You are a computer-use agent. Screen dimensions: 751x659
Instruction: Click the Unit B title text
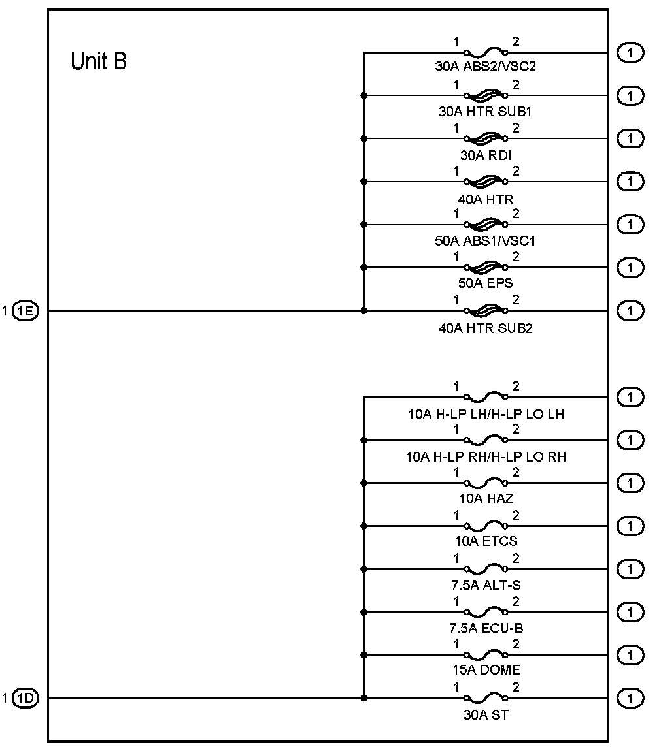(99, 62)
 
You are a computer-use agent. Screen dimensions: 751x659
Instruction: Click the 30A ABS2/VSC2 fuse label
(485, 67)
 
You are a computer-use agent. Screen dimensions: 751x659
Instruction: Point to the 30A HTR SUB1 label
(485, 111)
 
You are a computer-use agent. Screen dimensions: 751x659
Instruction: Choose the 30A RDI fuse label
(485, 154)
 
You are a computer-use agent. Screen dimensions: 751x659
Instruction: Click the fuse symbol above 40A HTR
(485, 181)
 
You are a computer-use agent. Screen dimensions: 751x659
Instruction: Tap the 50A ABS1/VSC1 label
(485, 240)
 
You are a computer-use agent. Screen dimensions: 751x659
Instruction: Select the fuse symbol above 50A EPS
(485, 267)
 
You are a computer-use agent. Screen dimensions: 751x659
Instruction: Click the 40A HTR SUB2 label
(485, 328)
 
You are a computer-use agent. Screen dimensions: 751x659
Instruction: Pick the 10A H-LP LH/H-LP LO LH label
(485, 413)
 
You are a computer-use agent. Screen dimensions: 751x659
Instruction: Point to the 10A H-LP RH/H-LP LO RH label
(485, 456)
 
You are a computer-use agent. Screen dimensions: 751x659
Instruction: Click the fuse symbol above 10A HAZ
(485, 483)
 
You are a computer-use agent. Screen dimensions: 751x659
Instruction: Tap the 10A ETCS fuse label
(485, 542)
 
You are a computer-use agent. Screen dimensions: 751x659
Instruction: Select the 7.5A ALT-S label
(485, 585)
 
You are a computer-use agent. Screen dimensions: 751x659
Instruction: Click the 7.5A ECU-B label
(485, 628)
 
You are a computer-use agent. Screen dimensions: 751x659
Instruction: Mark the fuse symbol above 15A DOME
(485, 655)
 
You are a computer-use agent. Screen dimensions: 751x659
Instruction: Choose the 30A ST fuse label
(485, 714)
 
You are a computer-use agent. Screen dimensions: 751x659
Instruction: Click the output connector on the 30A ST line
(630, 698)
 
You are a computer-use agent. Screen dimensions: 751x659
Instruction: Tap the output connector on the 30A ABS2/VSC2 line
(630, 52)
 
